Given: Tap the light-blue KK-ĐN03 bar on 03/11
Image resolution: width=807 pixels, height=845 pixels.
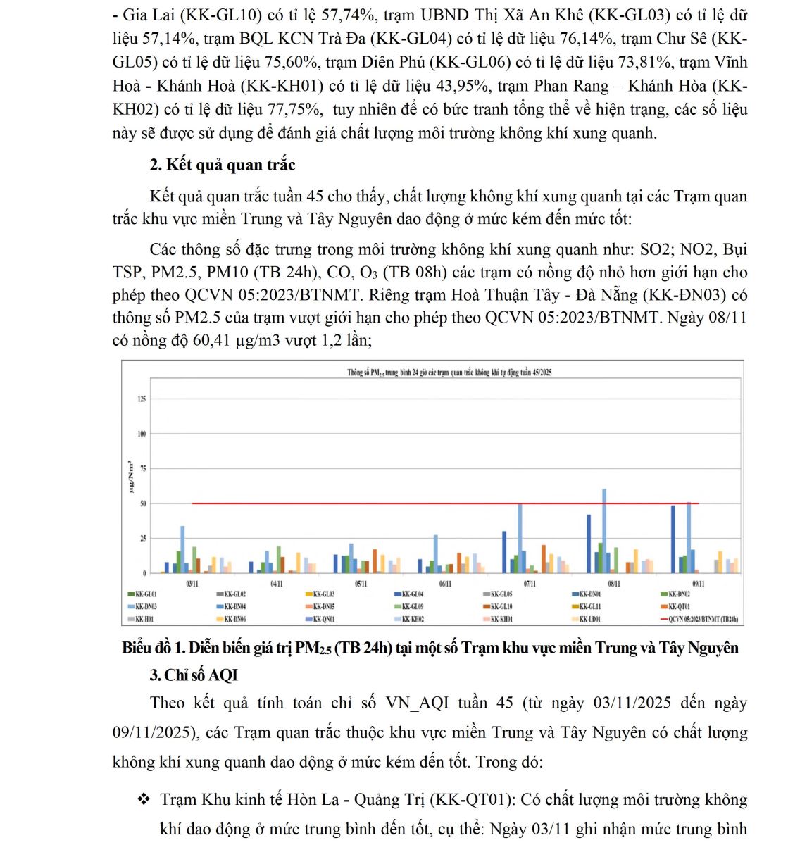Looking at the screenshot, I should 182,549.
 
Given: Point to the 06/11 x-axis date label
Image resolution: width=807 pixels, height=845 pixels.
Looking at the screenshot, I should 445,584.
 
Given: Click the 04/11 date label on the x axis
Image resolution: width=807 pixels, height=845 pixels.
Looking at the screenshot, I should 277,584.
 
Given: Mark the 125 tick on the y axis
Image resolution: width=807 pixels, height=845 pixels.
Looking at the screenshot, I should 142,399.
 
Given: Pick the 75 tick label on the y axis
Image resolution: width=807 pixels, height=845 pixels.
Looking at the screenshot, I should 143,469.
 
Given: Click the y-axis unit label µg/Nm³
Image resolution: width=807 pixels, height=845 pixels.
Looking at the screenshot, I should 130,477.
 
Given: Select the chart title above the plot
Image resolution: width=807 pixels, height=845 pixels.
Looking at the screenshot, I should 449,373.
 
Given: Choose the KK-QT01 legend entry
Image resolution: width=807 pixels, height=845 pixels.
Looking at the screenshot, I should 678,606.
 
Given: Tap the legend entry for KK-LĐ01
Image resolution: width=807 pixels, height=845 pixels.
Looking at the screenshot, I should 589,620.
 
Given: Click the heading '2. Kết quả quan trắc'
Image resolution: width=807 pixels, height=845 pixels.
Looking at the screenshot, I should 223,165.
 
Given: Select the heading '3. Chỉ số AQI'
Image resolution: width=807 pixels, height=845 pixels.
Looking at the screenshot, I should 194,675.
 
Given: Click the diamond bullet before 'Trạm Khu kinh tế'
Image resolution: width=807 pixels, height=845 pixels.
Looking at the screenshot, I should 144,799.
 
